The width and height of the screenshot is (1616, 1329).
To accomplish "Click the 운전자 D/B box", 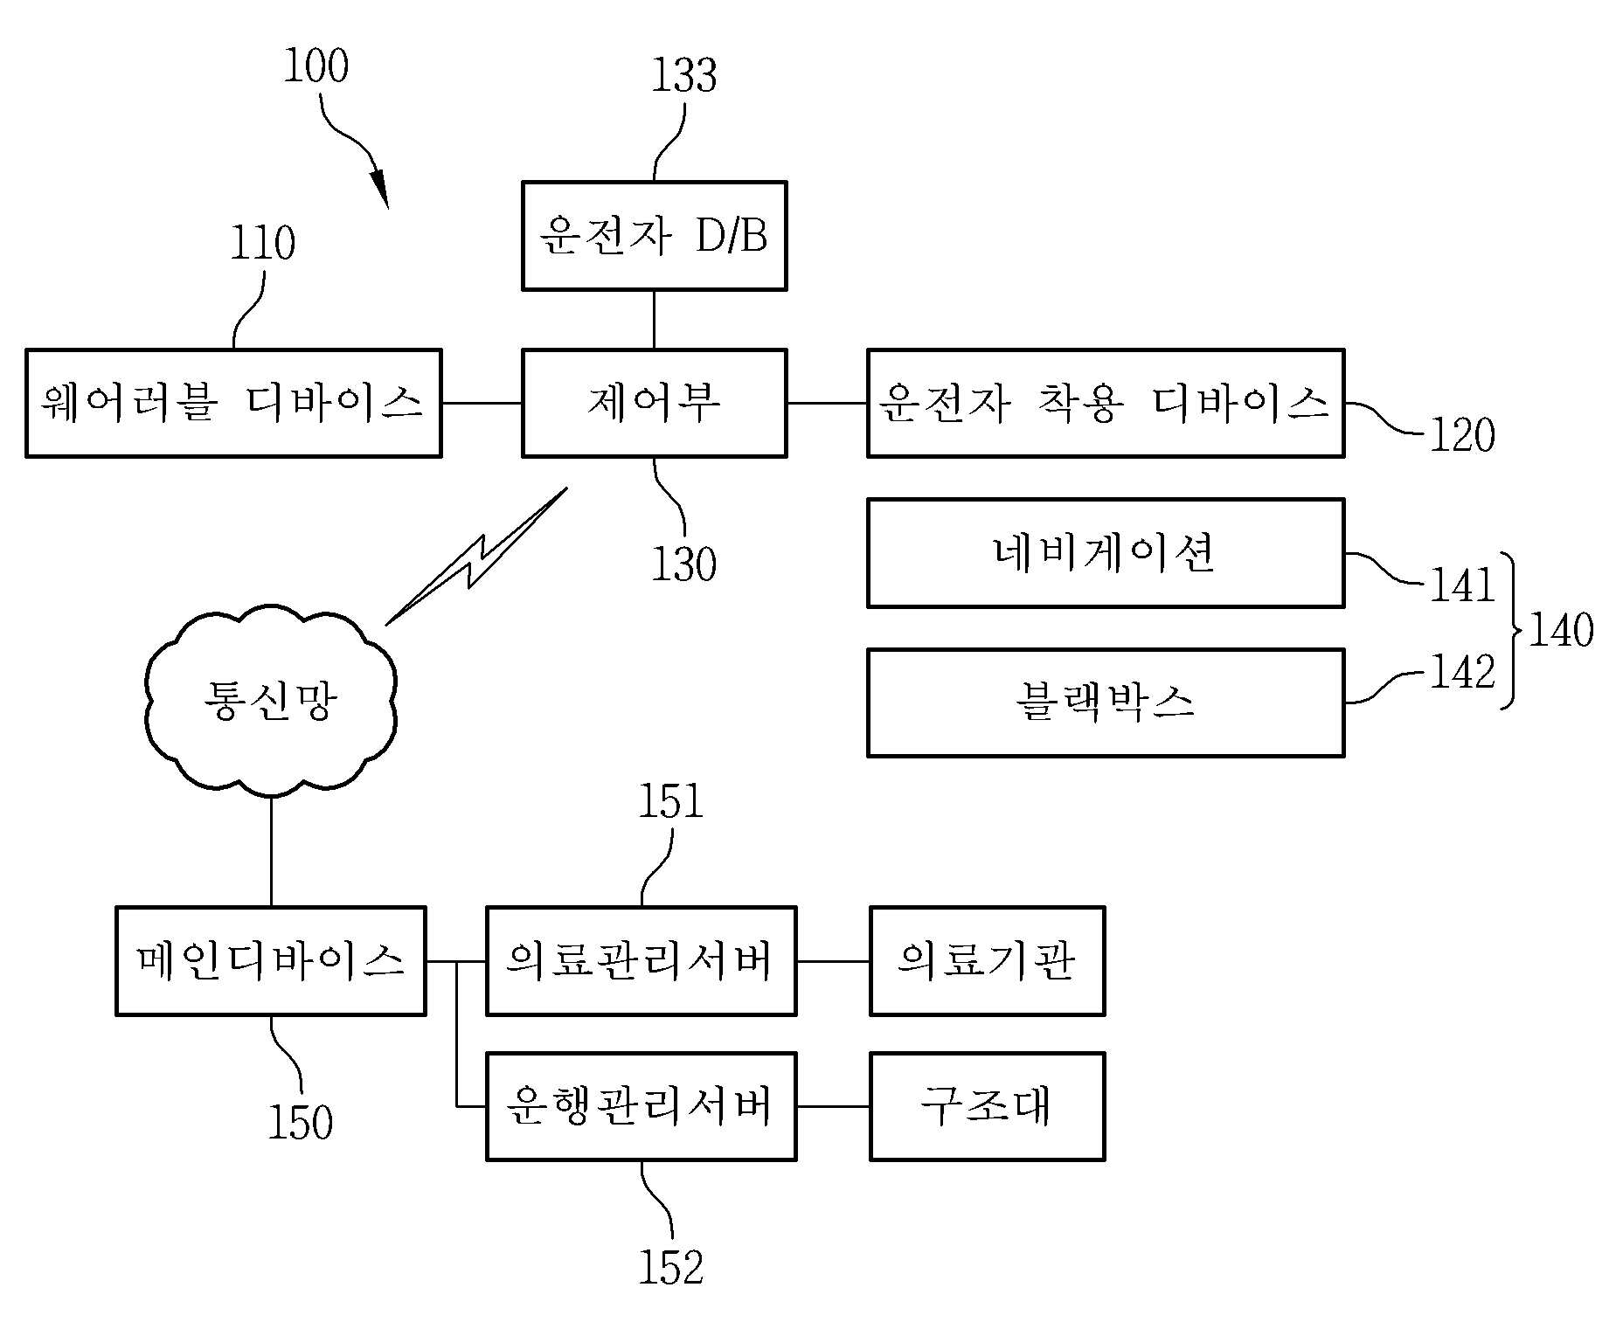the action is coord(654,235).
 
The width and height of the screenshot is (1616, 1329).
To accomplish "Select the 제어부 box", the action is coord(654,403).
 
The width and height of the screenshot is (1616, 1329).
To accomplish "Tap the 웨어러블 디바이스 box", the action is coord(233,403).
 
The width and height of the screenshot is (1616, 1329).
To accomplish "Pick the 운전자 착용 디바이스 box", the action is coord(1106,403).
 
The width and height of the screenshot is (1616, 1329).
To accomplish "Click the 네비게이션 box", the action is coord(1106,553).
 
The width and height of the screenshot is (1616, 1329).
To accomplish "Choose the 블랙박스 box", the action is coord(1106,703).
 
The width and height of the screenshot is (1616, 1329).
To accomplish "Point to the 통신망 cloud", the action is coord(271,700).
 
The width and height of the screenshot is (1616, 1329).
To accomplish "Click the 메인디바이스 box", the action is coord(271,960).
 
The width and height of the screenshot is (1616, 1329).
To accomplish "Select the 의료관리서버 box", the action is coord(641,960).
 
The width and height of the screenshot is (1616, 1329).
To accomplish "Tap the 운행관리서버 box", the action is coord(641,1106).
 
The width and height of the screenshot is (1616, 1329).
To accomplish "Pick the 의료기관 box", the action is coord(988,960).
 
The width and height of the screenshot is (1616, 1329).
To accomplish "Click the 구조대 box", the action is coord(988,1106).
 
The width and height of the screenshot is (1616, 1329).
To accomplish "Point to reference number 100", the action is coord(316,66).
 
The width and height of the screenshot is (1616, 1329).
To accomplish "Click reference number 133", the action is coord(684,75).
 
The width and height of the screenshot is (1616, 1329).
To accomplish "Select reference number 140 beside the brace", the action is coord(1561,630).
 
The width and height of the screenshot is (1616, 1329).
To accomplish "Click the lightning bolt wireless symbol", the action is coord(476,556).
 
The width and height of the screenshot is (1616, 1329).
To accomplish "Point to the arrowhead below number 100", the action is coord(379,187).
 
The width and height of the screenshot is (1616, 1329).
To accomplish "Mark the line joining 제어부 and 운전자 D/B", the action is coord(654,320).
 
